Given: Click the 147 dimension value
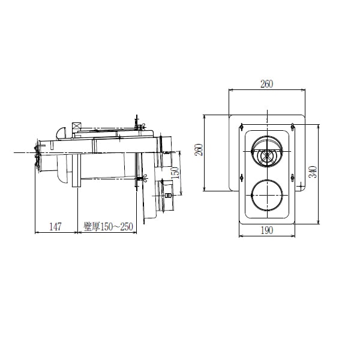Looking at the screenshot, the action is (56, 227).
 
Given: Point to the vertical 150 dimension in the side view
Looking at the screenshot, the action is (175, 173).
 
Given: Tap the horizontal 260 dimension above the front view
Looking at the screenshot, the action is (267, 84).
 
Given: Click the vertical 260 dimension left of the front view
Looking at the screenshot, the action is (199, 150).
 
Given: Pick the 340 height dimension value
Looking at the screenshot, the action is (313, 172).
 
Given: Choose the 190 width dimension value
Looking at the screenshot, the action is (267, 230).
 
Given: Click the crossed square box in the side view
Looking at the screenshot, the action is (76, 127).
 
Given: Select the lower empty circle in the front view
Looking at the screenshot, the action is (267, 195).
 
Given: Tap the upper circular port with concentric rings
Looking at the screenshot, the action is (267, 152).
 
